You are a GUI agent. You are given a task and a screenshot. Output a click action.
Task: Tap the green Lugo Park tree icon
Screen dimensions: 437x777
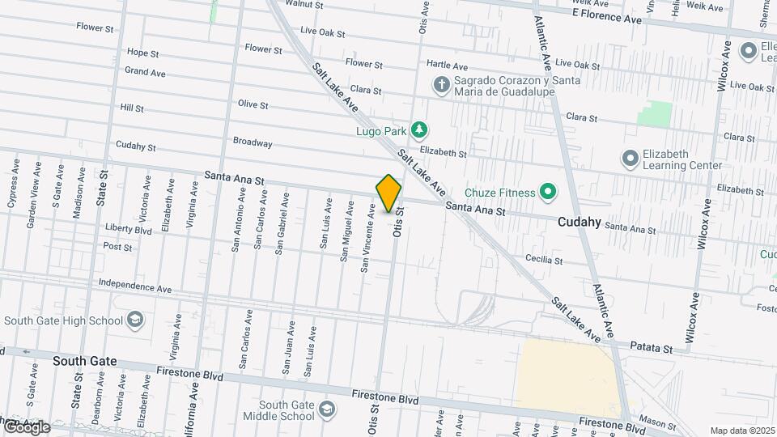[418, 129]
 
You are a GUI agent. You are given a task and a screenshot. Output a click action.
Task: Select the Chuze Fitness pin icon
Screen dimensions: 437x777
[548, 193]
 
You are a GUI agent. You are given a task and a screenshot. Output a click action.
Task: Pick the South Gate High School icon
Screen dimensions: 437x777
[134, 320]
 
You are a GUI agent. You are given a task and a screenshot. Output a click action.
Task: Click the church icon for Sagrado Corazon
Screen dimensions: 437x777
[441, 84]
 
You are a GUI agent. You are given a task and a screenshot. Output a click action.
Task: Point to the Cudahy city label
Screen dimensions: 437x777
[579, 222]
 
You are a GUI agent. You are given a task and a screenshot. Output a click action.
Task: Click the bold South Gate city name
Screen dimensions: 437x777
[85, 361]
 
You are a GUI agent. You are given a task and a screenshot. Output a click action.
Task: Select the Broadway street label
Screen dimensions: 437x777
[253, 142]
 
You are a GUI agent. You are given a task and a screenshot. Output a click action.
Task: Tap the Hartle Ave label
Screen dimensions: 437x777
[448, 66]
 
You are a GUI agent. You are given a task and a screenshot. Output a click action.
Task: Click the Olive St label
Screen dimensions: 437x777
[253, 104]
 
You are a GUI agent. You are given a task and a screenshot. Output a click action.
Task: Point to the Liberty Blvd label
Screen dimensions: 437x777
[129, 229]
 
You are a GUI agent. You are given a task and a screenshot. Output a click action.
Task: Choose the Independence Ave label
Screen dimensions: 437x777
[135, 286]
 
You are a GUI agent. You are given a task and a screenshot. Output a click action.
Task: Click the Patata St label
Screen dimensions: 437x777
[652, 349]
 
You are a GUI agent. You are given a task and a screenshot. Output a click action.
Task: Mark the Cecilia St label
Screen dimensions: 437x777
[543, 260]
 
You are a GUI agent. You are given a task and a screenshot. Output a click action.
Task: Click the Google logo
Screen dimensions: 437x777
[25, 427]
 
